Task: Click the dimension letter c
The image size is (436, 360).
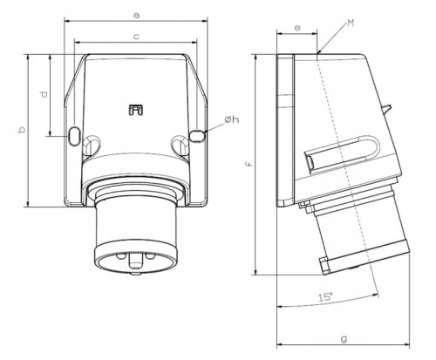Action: click(136, 37)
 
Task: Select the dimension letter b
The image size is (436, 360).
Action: click(22, 130)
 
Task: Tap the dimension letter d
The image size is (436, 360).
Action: click(44, 94)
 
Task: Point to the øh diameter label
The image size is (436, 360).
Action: click(232, 119)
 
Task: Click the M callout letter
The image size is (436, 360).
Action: click(351, 23)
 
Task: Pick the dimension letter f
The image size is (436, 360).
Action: click(249, 165)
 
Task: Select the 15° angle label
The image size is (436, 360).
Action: click(325, 297)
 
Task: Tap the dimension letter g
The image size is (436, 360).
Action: click(344, 339)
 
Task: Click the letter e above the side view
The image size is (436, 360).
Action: click(297, 28)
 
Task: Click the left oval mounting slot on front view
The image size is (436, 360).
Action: click(74, 135)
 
